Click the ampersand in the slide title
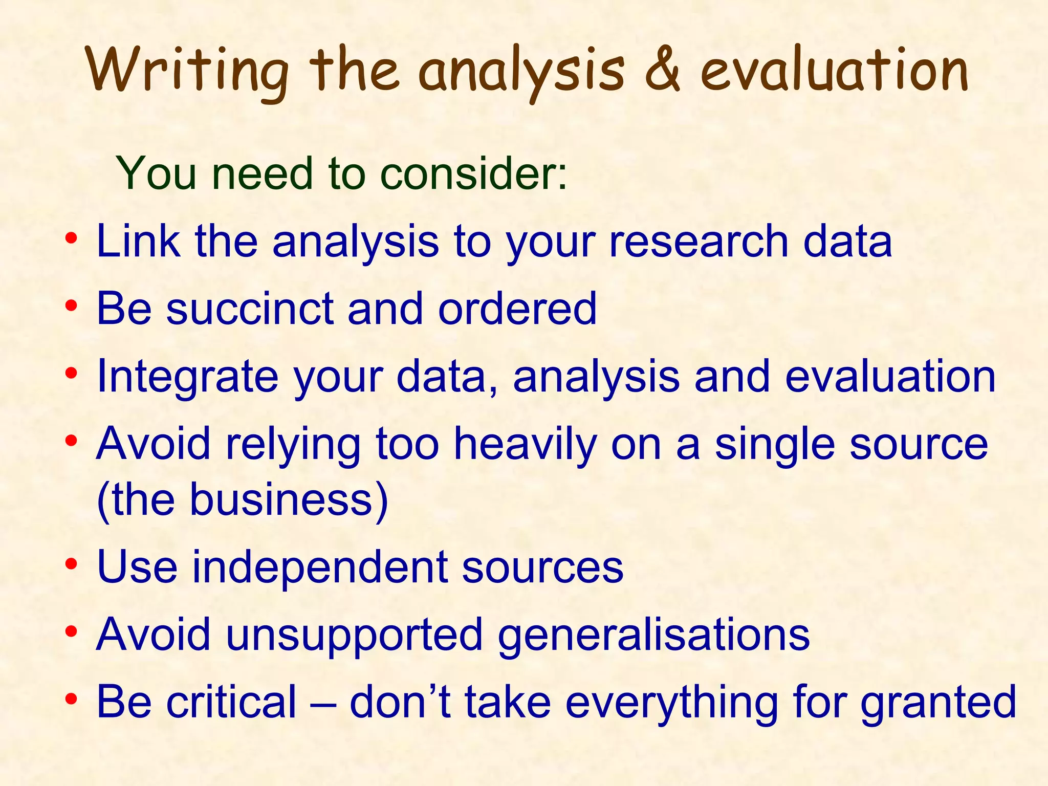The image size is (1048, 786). [x=662, y=70]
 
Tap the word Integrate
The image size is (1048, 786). [x=187, y=376]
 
